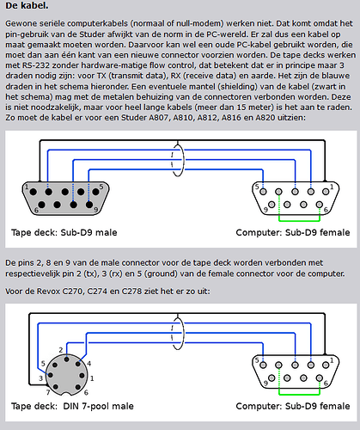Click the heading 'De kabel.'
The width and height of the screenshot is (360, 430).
click(x=27, y=6)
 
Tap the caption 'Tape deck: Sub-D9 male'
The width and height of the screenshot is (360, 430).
click(x=64, y=232)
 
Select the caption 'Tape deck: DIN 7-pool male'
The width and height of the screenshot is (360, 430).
click(x=72, y=406)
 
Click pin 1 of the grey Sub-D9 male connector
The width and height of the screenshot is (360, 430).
click(x=34, y=192)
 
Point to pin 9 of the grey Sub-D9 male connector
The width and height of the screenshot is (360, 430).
click(x=89, y=205)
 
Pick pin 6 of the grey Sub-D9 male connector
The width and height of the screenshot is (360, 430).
click(x=42, y=205)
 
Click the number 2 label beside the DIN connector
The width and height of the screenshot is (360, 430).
click(x=61, y=350)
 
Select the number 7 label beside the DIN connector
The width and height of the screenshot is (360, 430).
click(x=48, y=392)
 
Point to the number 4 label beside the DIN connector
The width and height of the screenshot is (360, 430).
click(x=89, y=364)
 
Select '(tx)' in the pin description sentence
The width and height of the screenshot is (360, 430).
click(x=89, y=273)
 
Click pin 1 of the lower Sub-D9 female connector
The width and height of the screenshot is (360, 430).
click(x=326, y=365)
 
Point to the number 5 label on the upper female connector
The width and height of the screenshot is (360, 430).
click(x=257, y=187)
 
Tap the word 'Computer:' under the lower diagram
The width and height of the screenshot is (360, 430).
click(x=259, y=406)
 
